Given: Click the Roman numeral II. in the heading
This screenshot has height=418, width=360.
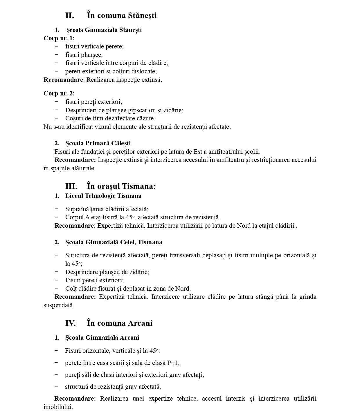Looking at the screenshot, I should point(70,15).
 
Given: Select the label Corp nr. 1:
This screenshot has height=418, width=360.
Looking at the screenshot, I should point(59,38).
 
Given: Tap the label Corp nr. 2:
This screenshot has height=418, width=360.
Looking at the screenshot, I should point(59,93).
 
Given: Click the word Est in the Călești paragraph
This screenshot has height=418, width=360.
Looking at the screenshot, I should point(190,152).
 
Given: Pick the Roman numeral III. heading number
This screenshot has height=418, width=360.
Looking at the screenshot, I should point(71,186).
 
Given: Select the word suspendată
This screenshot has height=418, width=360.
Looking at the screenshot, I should point(59,305).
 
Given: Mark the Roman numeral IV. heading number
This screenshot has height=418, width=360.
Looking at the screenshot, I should point(70,323).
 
